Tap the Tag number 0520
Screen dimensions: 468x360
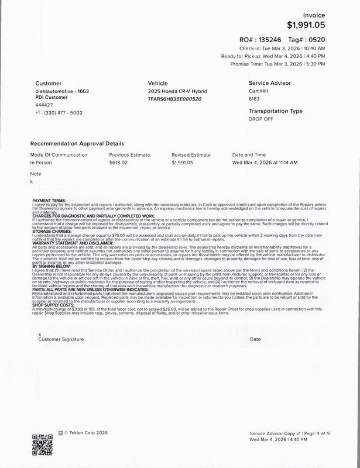(315, 39)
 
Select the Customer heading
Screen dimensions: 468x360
(48, 83)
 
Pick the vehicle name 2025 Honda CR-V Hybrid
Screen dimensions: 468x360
(177, 92)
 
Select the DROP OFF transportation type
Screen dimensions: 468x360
(261, 118)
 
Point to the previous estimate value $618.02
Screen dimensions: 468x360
(118, 162)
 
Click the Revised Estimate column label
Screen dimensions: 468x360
(191, 154)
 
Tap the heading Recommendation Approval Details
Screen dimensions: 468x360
(77, 143)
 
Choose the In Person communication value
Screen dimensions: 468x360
(41, 162)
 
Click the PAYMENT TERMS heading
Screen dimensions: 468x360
(49, 200)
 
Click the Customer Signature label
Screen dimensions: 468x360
(61, 339)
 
